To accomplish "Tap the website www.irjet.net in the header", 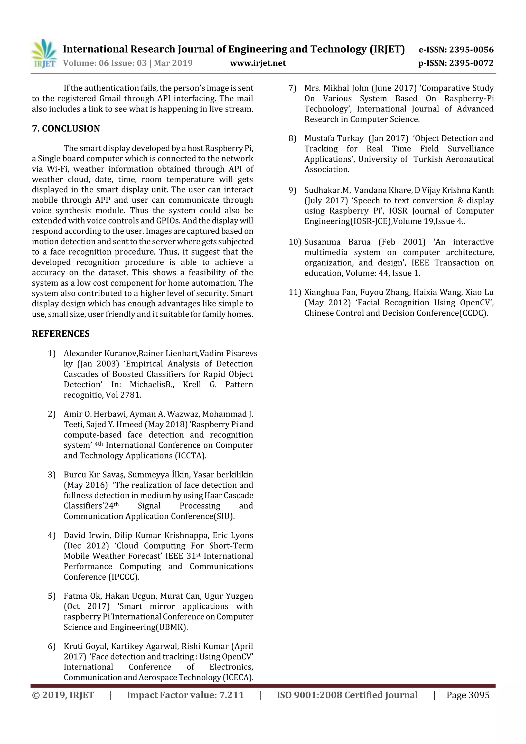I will [x=258, y=63].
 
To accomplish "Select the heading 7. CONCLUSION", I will [x=66, y=129].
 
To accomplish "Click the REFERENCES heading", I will [x=61, y=334].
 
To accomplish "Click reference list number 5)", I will [x=52, y=596].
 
